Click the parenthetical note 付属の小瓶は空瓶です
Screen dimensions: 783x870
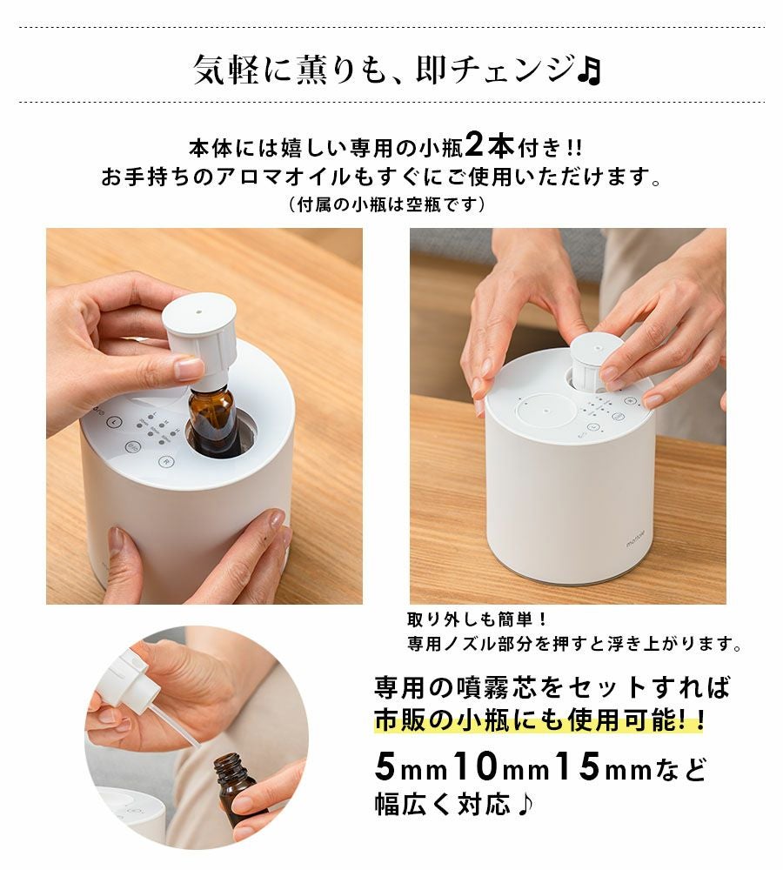click(x=387, y=204)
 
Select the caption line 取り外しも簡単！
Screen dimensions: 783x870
click(x=478, y=619)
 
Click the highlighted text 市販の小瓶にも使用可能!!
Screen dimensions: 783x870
click(x=539, y=720)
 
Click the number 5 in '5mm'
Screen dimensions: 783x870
click(x=385, y=766)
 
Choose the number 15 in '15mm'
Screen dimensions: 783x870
click(x=577, y=766)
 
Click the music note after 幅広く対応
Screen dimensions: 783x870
click(x=525, y=804)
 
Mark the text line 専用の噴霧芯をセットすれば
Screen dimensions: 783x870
click(x=552, y=687)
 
